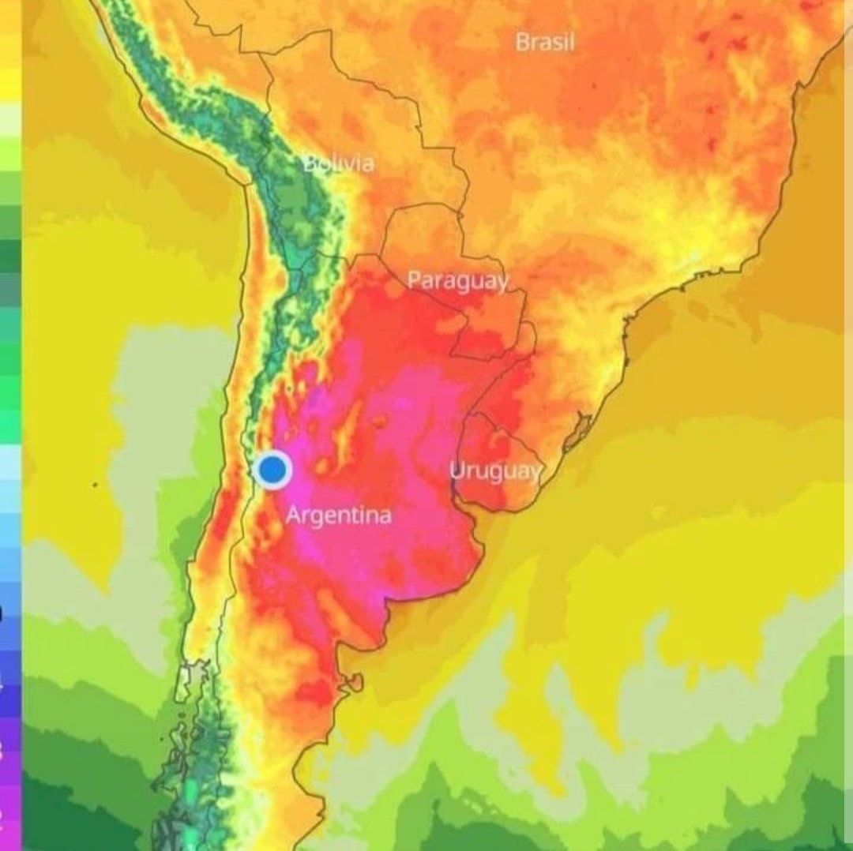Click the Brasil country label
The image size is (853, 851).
(x=544, y=42)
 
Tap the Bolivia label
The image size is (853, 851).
(x=339, y=163)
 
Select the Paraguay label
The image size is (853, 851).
(x=457, y=280)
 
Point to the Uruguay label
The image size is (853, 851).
(x=496, y=471)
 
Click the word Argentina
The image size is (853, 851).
(x=338, y=515)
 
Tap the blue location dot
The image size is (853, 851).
(x=273, y=470)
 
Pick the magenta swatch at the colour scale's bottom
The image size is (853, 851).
(x=10, y=813)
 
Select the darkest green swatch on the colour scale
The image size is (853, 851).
(x=10, y=257)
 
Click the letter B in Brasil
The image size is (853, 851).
(x=522, y=42)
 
